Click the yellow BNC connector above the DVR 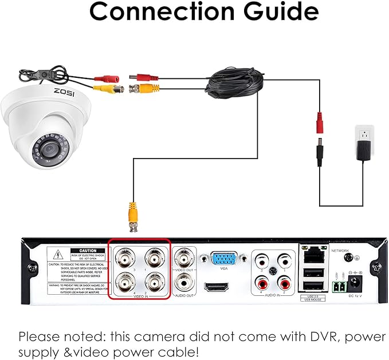(x=132, y=215)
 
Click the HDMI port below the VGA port (x=217, y=286)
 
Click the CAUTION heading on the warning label (x=88, y=251)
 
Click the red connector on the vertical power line (x=319, y=124)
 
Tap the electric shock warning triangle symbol (x=58, y=255)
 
